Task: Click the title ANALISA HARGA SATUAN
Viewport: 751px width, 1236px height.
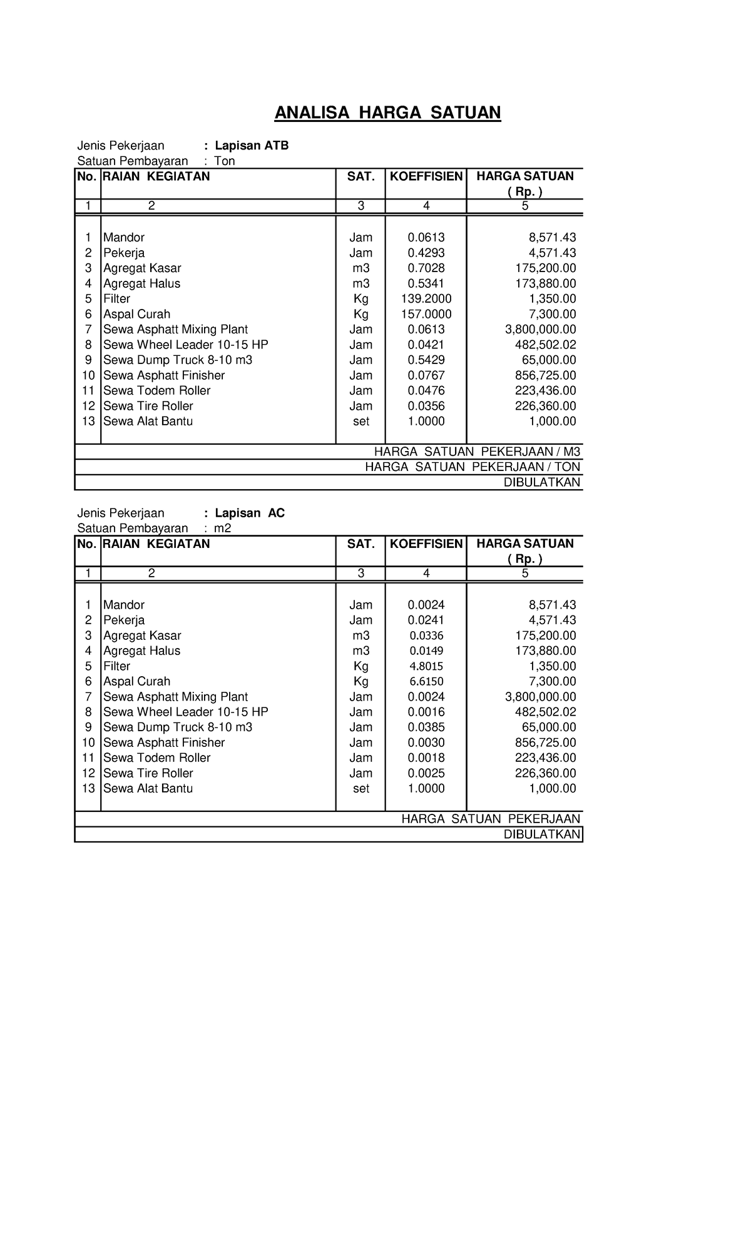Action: [388, 113]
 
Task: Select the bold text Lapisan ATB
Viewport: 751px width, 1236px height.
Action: [252, 146]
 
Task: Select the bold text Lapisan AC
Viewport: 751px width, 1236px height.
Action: [250, 513]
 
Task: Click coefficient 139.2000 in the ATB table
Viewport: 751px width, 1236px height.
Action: [426, 299]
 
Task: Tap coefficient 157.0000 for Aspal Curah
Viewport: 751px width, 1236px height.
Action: [426, 314]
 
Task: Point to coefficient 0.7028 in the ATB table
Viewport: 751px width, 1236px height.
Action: [426, 268]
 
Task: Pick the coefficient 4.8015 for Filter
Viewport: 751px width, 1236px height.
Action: [426, 666]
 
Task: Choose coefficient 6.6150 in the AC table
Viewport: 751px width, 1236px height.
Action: [426, 681]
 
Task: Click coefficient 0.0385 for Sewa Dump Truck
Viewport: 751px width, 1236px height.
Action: [426, 727]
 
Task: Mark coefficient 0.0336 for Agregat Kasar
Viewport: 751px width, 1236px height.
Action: [426, 636]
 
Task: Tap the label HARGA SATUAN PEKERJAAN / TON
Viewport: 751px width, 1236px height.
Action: [473, 467]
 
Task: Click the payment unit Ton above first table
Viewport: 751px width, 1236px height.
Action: [225, 161]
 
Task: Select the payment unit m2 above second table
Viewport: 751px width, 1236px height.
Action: [223, 529]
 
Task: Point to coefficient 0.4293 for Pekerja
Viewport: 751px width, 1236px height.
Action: [426, 253]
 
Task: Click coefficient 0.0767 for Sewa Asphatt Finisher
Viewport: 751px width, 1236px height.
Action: [426, 375]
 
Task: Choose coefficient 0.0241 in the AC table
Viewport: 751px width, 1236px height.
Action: [426, 621]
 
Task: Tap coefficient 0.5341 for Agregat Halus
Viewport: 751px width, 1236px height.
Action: [426, 284]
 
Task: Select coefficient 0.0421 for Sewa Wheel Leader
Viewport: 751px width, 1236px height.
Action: [426, 345]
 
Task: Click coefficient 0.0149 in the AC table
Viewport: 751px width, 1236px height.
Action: [426, 651]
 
